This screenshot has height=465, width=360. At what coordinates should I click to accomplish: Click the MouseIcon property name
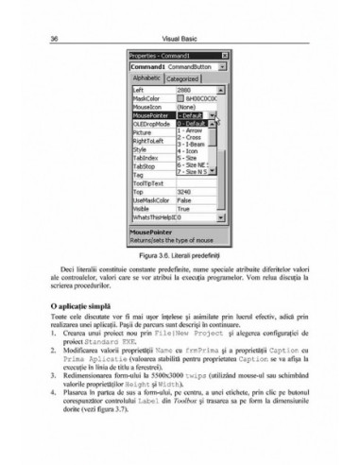148,107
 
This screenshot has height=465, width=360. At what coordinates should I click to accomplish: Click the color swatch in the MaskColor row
180,98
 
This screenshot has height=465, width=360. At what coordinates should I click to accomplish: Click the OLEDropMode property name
151,123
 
